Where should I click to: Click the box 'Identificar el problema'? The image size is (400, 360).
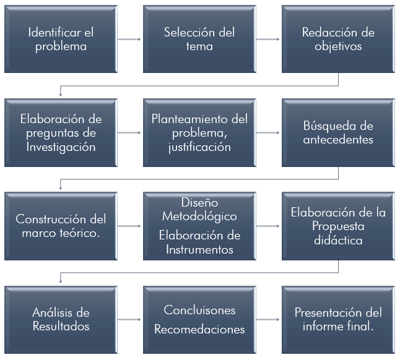click(61, 39)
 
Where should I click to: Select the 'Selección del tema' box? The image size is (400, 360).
click(199, 39)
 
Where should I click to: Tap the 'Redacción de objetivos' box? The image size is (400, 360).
click(337, 39)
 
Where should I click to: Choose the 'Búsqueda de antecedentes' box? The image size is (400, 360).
click(337, 132)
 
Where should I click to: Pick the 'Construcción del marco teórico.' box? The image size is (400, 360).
click(61, 226)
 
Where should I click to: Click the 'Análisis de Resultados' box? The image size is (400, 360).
click(61, 319)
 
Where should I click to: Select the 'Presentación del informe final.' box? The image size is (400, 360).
click(337, 319)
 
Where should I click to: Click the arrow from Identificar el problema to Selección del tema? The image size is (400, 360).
click(129, 39)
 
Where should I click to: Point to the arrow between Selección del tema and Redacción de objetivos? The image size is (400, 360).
click(268, 39)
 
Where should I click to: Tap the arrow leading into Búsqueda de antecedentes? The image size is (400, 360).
click(268, 132)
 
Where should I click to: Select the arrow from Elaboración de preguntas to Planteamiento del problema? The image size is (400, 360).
click(129, 132)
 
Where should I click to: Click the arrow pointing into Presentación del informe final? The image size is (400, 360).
click(268, 319)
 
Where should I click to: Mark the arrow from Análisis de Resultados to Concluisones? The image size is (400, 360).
click(129, 319)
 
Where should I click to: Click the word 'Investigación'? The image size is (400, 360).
click(61, 147)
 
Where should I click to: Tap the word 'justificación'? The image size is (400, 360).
click(199, 147)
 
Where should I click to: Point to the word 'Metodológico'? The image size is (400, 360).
click(199, 217)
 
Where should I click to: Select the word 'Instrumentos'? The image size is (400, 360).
click(199, 249)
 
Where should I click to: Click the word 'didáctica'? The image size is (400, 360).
click(337, 241)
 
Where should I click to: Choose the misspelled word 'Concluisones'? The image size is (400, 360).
click(199, 310)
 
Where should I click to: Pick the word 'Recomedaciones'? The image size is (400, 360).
click(199, 329)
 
